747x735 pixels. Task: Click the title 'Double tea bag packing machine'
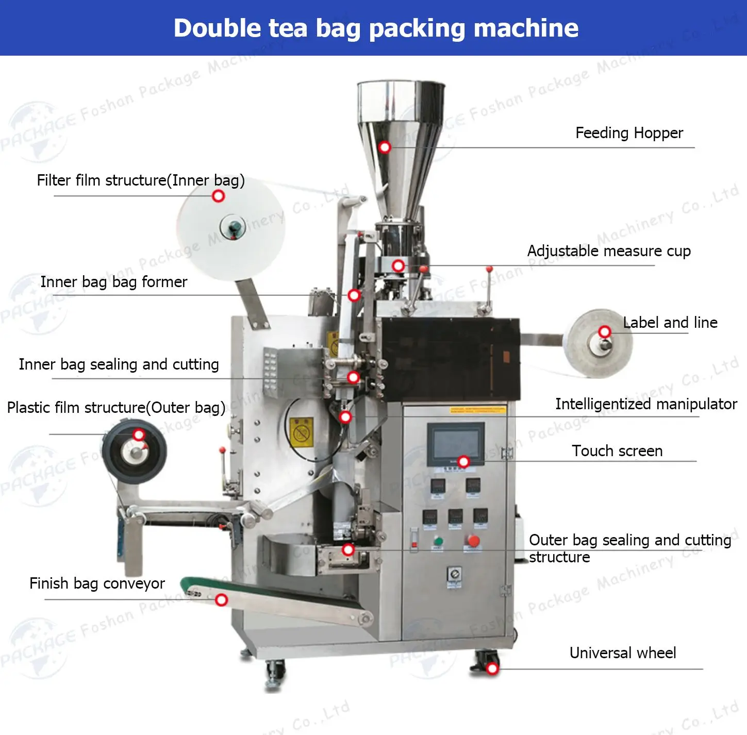pyautogui.click(x=376, y=28)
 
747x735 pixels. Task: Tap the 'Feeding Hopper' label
pyautogui.click(x=629, y=133)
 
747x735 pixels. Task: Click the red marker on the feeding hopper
pyautogui.click(x=385, y=147)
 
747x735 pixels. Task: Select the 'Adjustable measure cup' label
pyautogui.click(x=609, y=251)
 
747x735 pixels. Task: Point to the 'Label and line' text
pyautogui.click(x=670, y=323)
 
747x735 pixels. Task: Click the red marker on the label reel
pyautogui.click(x=605, y=332)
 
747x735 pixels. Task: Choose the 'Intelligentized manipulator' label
pyautogui.click(x=646, y=404)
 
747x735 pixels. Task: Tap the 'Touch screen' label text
pyautogui.click(x=617, y=451)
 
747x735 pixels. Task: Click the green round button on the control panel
pyautogui.click(x=438, y=541)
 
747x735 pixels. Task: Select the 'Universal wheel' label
pyautogui.click(x=622, y=653)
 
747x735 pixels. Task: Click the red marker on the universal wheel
pyautogui.click(x=492, y=669)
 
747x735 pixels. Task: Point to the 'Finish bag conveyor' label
pyautogui.click(x=97, y=583)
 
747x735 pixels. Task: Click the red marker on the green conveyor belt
pyautogui.click(x=222, y=600)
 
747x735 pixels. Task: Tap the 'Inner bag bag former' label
pyautogui.click(x=113, y=282)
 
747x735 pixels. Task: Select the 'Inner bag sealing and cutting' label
pyautogui.click(x=119, y=364)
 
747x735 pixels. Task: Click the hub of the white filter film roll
pyautogui.click(x=233, y=227)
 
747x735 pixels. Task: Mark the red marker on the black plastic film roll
pyautogui.click(x=139, y=435)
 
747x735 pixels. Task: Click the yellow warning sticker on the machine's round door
pyautogui.click(x=301, y=432)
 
